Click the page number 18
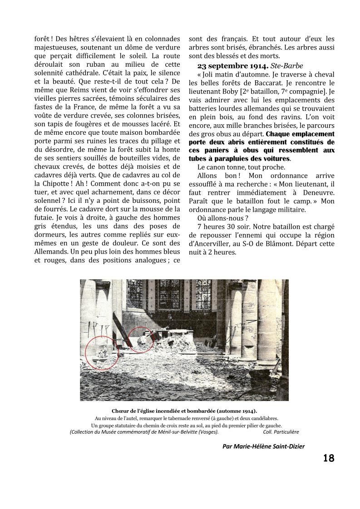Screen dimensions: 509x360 [x=329, y=458]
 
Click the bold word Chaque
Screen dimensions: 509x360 [x=281, y=134]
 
